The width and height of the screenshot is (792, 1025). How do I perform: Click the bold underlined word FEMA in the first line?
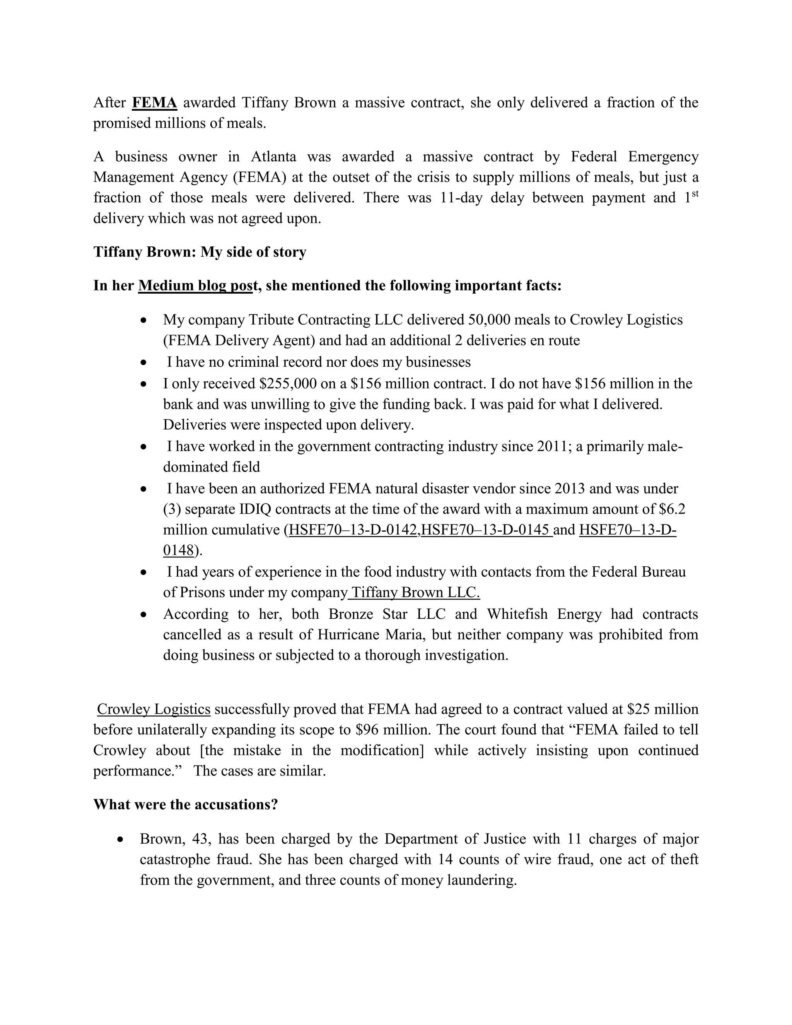point(154,103)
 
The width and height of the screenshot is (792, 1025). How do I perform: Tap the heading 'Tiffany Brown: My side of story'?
point(200,252)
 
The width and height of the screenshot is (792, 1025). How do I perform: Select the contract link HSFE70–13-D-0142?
point(354,530)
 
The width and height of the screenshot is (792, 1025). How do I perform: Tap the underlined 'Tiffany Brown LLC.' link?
point(415,593)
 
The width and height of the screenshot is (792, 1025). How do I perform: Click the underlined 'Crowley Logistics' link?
point(154,709)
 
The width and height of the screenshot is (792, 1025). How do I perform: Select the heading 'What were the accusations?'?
point(185,805)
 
